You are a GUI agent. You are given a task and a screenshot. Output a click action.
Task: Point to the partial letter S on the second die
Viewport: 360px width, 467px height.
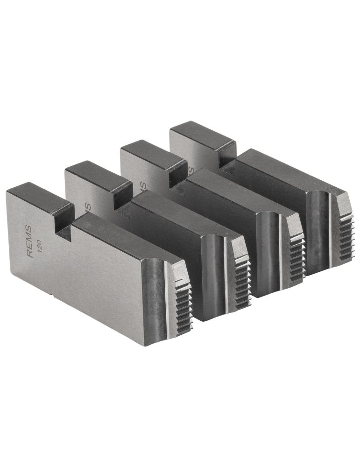(87, 206)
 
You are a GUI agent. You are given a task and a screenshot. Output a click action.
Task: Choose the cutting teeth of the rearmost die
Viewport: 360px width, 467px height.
(345, 236)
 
